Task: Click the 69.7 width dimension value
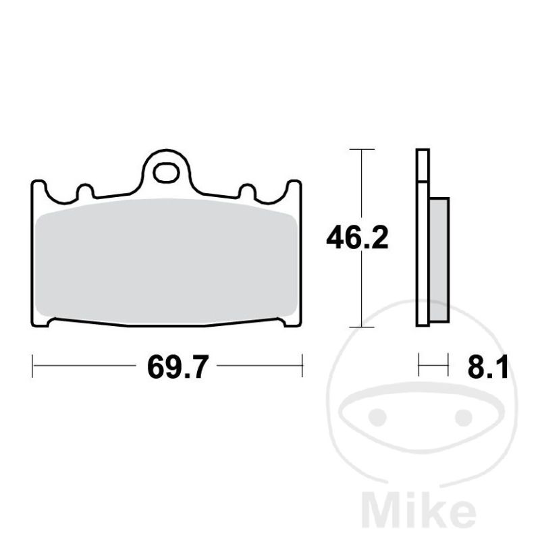[178, 367]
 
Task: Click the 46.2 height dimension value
[357, 238]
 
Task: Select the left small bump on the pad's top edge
[85, 192]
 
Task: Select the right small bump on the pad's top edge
[247, 192]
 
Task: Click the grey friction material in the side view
[439, 260]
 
